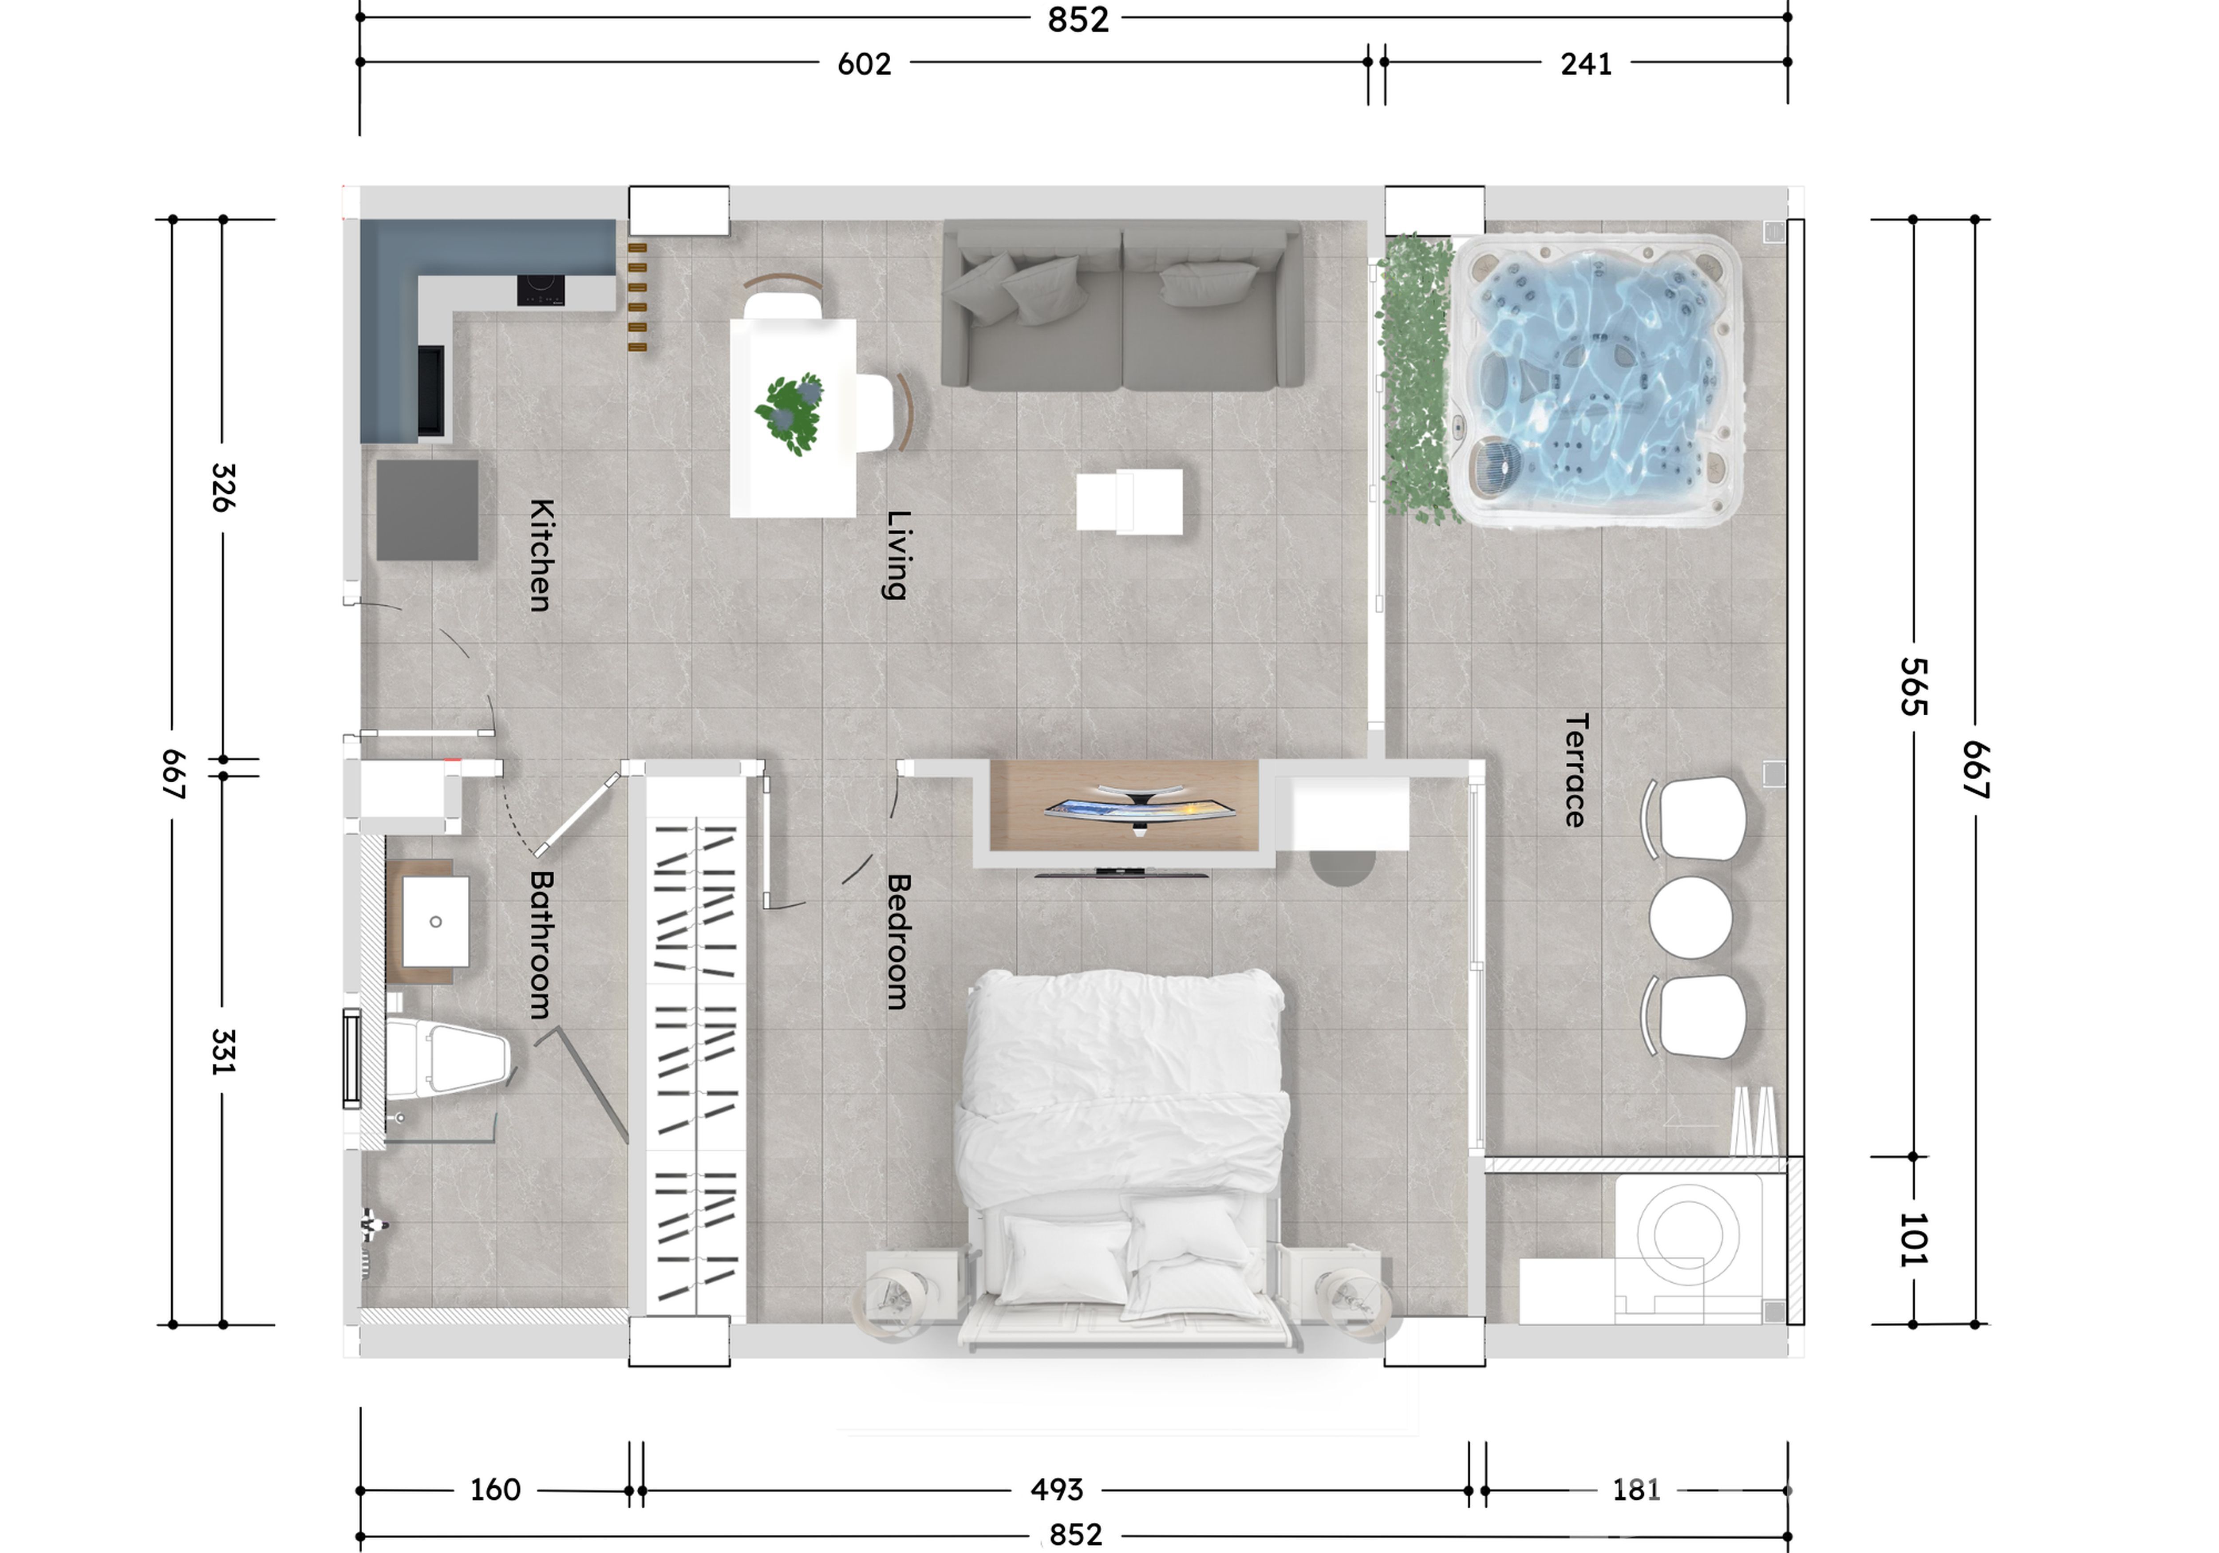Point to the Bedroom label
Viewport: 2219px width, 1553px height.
(898, 942)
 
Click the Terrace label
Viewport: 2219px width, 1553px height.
(1575, 770)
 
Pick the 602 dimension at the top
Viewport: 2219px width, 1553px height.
(864, 64)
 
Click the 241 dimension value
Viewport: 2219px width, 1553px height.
(1586, 64)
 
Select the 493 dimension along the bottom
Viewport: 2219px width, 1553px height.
(1056, 1489)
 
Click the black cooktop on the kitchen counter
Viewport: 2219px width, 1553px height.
(540, 290)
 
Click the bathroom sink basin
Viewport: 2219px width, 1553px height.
(436, 921)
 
